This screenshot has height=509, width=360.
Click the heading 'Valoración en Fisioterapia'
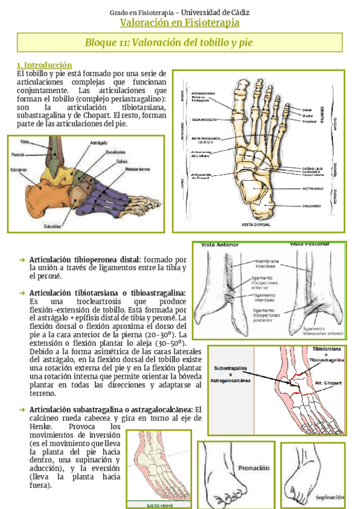tap(179, 23)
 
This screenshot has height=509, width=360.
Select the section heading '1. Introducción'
tap(44, 65)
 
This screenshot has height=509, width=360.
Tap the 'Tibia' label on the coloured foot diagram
tap(24, 142)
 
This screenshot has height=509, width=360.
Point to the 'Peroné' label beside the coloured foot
tap(17, 154)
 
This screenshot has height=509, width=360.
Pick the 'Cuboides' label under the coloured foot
tap(52, 226)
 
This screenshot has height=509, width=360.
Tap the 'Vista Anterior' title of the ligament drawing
tap(220, 245)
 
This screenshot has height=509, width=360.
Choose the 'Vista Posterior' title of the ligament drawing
tap(310, 244)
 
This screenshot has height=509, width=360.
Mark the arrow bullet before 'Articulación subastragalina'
tap(22, 409)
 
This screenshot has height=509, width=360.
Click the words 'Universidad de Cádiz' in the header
tap(215, 11)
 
